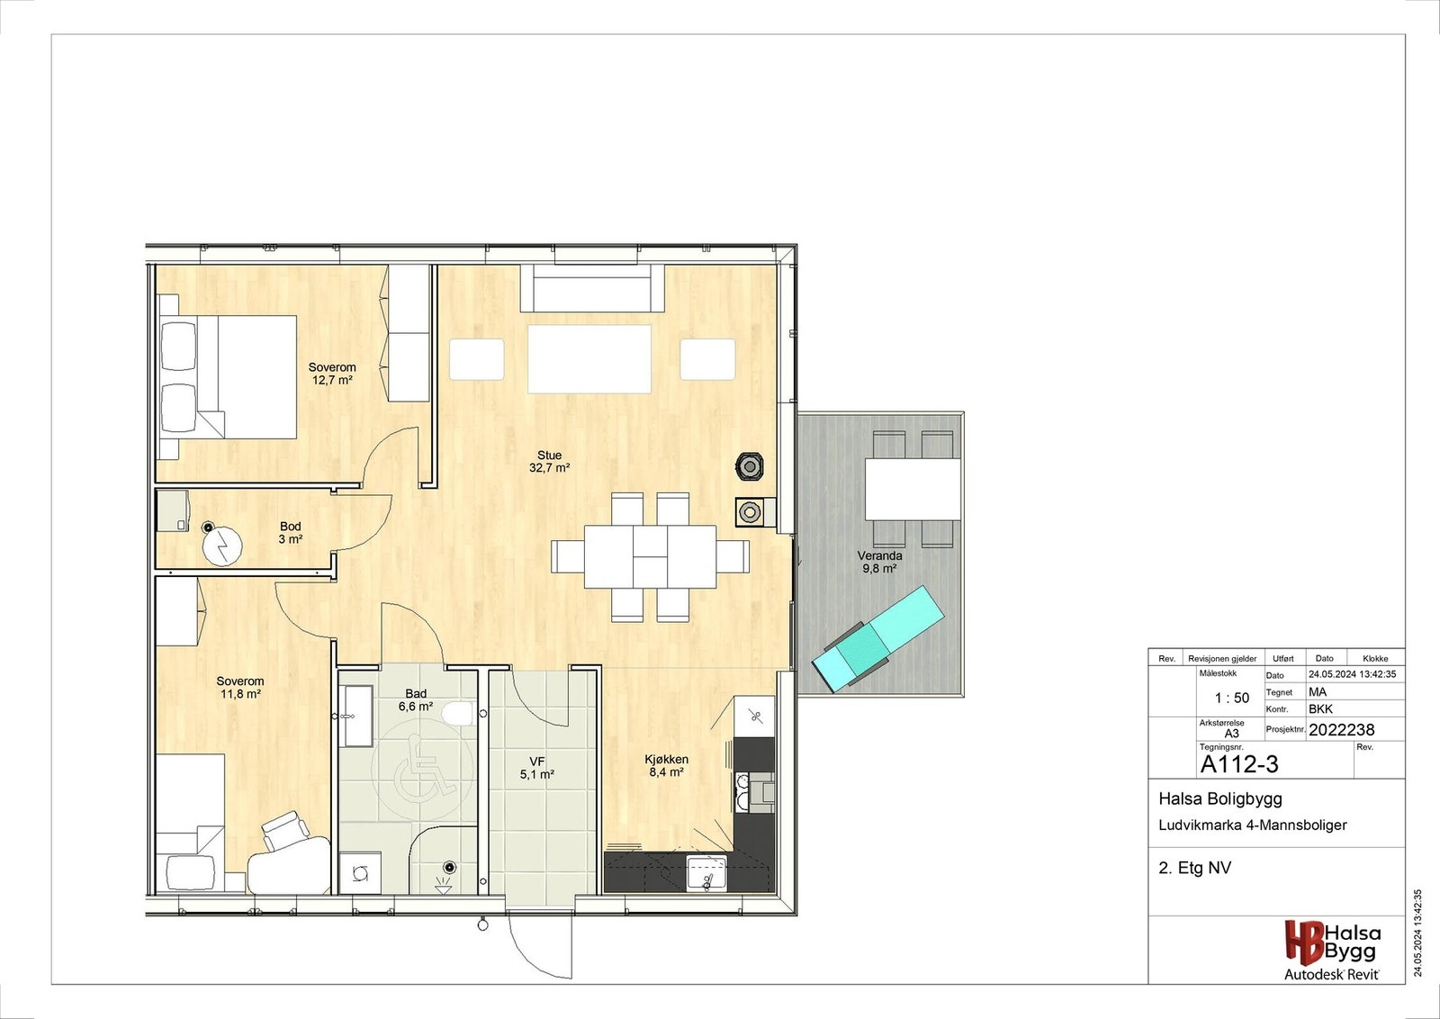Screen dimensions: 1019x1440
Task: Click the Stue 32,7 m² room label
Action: click(549, 462)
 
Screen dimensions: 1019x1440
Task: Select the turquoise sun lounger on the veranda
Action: click(877, 637)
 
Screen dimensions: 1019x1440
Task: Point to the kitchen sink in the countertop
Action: click(706, 872)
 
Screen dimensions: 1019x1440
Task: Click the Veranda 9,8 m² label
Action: click(879, 563)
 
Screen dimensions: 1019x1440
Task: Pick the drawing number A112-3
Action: click(1238, 764)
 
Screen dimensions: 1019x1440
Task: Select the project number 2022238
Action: click(1341, 730)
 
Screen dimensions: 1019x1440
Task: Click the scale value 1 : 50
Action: click(1231, 698)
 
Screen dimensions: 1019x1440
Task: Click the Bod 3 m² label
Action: click(290, 533)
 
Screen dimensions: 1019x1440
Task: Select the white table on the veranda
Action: click(913, 489)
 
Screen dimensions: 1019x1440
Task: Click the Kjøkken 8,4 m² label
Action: click(666, 766)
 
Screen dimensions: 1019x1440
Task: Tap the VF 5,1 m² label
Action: click(536, 768)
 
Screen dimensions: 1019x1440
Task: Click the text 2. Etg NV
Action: click(1194, 868)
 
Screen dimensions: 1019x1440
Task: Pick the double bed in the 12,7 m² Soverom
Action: click(229, 377)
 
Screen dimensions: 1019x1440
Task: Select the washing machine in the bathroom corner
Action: click(360, 871)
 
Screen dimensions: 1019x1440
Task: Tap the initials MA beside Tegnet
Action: click(1317, 692)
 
